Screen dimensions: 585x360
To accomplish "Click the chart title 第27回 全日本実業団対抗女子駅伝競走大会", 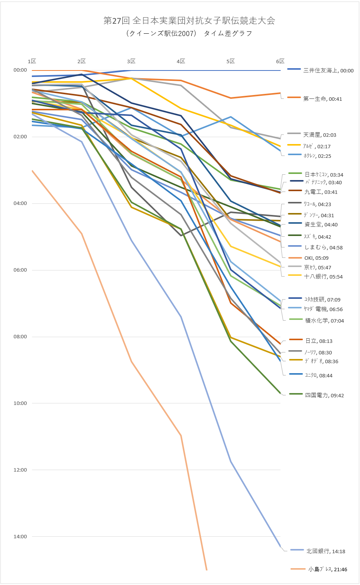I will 189,21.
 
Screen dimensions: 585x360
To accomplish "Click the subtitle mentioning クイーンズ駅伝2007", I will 189,33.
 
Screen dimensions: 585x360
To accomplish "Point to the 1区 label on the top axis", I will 32,61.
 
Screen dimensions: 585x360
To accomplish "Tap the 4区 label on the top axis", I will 181,61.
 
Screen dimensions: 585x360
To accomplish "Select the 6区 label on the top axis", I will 280,61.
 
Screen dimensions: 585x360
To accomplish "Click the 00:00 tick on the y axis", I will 20,70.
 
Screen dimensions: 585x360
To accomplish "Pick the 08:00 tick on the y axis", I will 20,337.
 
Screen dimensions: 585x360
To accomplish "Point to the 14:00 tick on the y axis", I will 20,537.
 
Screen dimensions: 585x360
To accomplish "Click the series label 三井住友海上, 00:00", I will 328,70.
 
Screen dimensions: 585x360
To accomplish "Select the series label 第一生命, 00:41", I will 322,99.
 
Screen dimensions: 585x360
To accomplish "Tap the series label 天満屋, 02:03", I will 319,135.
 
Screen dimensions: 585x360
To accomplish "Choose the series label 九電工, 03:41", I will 321,192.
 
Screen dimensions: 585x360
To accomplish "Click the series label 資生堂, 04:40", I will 321,224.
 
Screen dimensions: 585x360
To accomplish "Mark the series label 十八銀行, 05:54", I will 323,277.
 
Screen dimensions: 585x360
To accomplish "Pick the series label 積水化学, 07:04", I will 324,321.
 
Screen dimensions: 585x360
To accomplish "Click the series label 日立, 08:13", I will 319,341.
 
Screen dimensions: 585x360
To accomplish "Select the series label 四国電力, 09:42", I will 324,395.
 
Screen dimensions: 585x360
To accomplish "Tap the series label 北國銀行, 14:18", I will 325,551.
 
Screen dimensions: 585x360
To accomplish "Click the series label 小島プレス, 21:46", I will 327,569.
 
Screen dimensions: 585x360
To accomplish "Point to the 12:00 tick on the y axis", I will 20,470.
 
